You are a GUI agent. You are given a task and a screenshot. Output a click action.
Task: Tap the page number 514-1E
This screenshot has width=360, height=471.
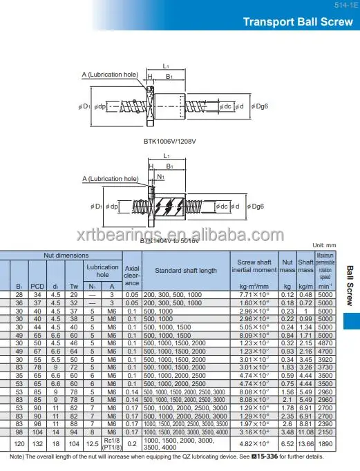[343, 4]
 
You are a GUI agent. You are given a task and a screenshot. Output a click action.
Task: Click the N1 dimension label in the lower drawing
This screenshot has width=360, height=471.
[160, 176]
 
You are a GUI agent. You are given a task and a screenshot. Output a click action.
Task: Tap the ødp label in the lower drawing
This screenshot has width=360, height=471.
[113, 206]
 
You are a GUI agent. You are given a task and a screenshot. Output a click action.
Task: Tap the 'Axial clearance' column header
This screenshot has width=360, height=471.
[132, 273]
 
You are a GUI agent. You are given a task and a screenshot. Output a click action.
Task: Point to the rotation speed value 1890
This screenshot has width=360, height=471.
[325, 443]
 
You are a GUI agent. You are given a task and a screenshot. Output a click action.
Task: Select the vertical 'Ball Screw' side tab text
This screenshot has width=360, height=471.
[350, 286]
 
